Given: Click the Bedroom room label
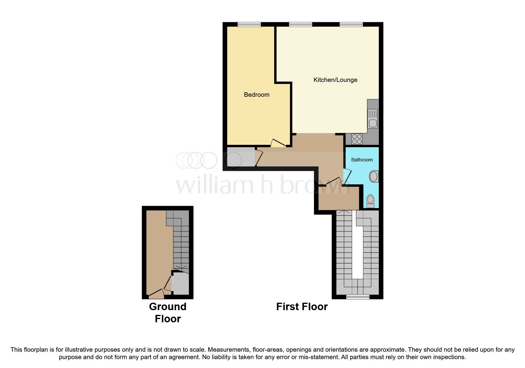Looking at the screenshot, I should [x=256, y=95].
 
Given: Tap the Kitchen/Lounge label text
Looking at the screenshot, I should [x=335, y=80].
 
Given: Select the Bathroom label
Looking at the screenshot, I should [x=362, y=160].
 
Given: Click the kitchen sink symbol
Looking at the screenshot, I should [x=373, y=118].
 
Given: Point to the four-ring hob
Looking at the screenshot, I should [x=357, y=139].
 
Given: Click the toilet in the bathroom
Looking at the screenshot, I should [x=370, y=201].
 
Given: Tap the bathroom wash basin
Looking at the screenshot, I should [x=374, y=177].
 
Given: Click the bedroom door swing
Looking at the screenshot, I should [x=277, y=143].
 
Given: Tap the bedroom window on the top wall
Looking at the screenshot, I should [x=249, y=25].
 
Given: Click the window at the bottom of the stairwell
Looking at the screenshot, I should [x=358, y=296].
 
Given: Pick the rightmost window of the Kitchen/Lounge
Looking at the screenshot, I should [x=351, y=25].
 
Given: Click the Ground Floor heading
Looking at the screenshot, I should [x=167, y=313].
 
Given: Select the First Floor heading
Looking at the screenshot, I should [x=302, y=307].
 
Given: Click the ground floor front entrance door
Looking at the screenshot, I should [x=156, y=294].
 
